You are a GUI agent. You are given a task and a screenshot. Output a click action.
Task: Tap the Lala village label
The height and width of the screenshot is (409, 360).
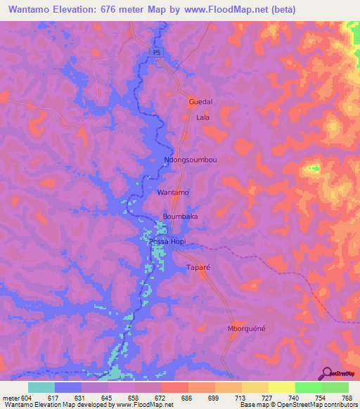pos(203,117)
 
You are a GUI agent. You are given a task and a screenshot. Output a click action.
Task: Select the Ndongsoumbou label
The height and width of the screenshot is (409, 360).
pos(191,160)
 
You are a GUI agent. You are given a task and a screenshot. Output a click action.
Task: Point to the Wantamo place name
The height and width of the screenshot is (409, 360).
pos(173,192)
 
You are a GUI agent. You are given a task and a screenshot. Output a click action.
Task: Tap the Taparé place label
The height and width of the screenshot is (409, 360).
pos(198,268)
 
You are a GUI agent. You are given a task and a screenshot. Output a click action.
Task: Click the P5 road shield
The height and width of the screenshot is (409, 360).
pos(156,52)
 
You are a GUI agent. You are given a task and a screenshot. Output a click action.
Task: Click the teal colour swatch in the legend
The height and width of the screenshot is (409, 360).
pos(41,387)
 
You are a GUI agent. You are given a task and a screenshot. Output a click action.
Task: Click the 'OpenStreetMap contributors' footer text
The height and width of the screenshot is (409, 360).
pos(316,405)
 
